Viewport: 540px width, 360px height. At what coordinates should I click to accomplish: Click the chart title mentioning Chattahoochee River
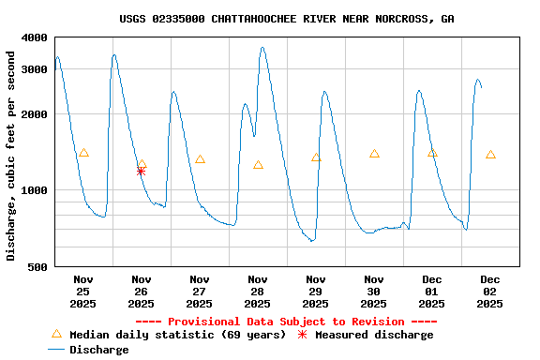click(287, 19)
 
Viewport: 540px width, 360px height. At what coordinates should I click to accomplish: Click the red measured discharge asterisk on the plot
click(141, 171)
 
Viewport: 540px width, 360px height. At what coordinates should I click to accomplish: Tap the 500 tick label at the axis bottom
click(38, 267)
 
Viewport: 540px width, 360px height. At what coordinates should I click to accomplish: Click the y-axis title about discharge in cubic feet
click(11, 156)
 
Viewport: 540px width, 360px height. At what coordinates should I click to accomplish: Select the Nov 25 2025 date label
click(83, 291)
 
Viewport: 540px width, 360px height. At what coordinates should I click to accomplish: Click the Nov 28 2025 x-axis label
click(258, 291)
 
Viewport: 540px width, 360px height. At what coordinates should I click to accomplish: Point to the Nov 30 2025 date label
click(374, 291)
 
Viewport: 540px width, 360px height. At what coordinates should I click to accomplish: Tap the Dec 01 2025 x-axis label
click(432, 291)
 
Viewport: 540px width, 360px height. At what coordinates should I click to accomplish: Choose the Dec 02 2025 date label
click(490, 291)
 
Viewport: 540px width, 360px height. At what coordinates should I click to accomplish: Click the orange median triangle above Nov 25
click(83, 153)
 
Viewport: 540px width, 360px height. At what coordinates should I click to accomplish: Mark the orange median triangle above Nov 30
click(374, 154)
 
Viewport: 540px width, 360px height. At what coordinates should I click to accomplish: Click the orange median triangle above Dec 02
click(490, 155)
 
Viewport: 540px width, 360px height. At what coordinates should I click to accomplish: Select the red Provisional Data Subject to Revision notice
click(287, 322)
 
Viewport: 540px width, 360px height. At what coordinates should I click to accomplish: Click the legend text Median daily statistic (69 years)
click(177, 335)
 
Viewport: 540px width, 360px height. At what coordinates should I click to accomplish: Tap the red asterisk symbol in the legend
click(302, 335)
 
